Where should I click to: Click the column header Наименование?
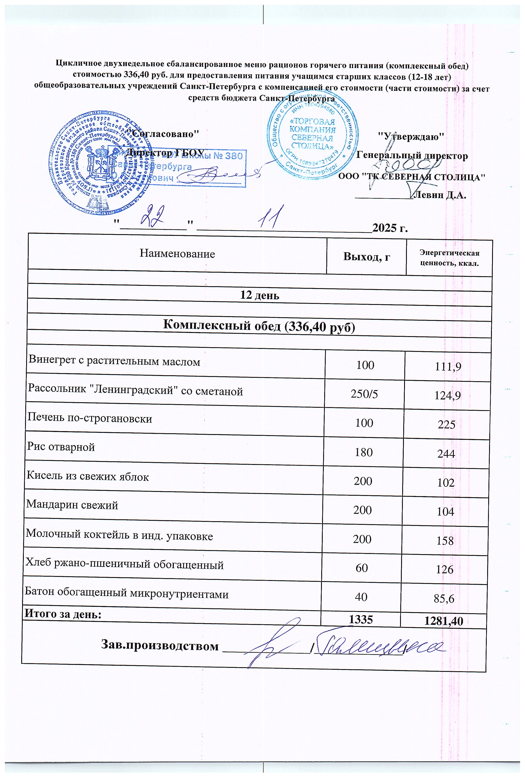pyautogui.click(x=177, y=254)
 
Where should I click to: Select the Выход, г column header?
pyautogui.click(x=367, y=257)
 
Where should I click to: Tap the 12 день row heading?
pyautogui.click(x=260, y=295)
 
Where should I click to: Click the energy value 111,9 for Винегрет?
pyautogui.click(x=448, y=367)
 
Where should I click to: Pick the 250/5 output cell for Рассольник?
pyautogui.click(x=364, y=394)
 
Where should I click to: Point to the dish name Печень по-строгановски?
pyautogui.click(x=90, y=418)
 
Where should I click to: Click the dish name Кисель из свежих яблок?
pyautogui.click(x=88, y=476)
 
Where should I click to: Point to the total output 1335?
pyautogui.click(x=361, y=620)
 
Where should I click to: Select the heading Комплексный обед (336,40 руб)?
pyautogui.click(x=259, y=325)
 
